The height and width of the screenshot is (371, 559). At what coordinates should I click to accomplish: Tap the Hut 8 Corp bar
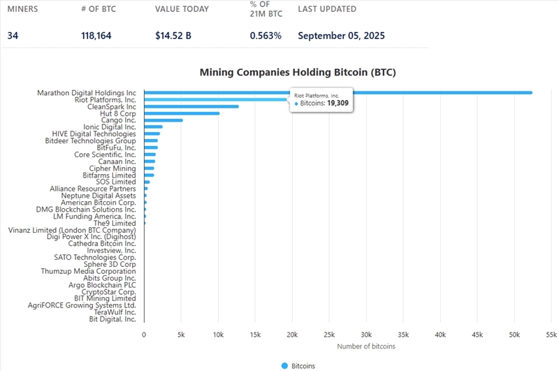[182, 113]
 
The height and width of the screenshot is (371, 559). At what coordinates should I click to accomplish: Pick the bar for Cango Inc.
[163, 120]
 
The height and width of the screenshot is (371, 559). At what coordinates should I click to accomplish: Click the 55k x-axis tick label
[551, 335]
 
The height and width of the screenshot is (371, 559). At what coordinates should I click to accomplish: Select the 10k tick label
[218, 335]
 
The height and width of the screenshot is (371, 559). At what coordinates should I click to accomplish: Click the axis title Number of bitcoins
[365, 346]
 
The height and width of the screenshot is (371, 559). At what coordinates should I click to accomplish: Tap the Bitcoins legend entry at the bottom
[298, 365]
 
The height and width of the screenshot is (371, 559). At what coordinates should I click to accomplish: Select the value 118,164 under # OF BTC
[96, 36]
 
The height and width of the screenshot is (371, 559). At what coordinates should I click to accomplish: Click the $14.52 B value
[173, 36]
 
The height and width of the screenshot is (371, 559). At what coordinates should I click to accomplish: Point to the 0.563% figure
[266, 36]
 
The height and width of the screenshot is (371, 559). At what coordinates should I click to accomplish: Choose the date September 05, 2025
[341, 36]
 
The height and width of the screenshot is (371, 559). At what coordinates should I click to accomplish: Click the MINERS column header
[23, 10]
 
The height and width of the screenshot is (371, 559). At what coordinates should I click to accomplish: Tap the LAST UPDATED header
[327, 10]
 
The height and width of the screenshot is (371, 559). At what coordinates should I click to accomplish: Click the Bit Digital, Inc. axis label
[112, 319]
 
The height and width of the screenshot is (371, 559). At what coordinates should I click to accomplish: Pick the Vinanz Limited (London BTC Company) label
[72, 230]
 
